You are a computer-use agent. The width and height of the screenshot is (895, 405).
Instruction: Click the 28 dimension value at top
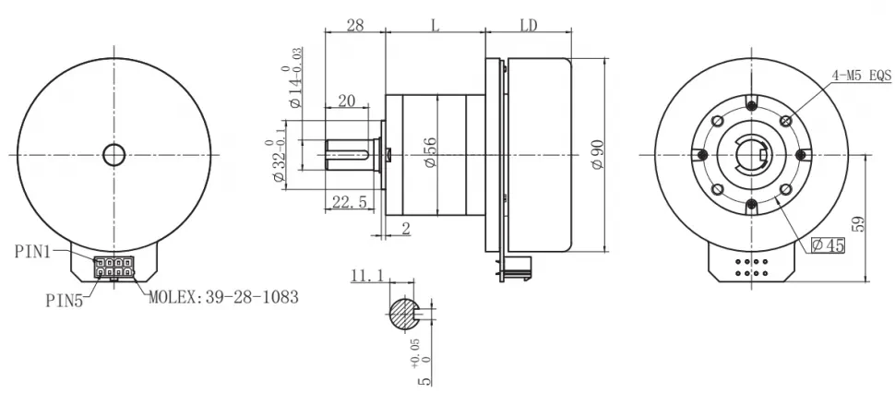tap(354, 26)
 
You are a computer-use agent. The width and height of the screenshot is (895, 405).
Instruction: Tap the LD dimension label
tap(529, 26)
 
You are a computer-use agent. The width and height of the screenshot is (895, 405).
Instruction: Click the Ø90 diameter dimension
tap(595, 154)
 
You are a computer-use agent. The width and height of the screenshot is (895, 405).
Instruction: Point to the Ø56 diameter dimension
tap(429, 150)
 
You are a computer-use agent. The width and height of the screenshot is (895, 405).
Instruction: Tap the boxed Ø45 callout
tap(828, 244)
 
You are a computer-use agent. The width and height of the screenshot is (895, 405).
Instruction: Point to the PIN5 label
tap(65, 300)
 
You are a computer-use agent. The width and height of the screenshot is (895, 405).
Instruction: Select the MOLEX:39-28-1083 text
tap(222, 298)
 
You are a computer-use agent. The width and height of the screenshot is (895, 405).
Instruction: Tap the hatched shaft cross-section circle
tap(403, 314)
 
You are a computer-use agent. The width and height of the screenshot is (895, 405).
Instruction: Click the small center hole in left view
tap(113, 155)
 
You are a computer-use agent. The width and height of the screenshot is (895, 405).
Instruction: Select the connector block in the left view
tap(113, 268)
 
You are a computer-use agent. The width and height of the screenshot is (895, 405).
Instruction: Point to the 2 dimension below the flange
tap(405, 230)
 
